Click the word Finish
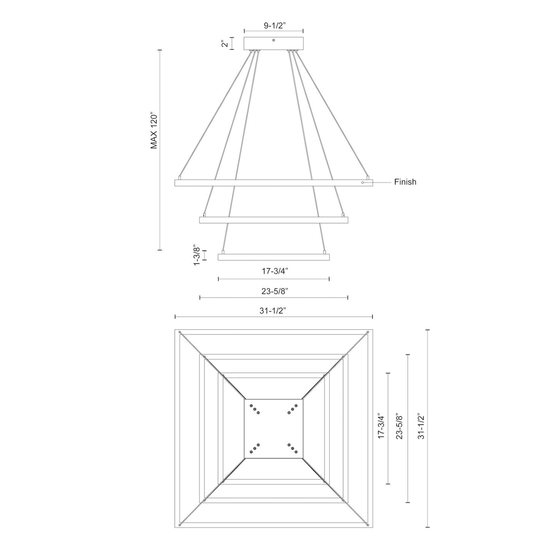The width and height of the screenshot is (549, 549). point(405,182)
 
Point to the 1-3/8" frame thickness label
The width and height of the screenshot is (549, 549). point(196,255)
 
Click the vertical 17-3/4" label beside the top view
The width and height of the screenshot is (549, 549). point(381,426)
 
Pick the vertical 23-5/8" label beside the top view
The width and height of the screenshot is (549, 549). point(399,426)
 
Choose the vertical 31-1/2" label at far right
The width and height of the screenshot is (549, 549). point(421,426)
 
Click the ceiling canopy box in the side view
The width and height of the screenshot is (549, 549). point(274,43)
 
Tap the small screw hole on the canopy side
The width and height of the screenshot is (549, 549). point(274,40)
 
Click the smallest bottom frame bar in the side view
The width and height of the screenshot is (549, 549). point(274,257)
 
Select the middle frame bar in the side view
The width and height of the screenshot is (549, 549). point(274,220)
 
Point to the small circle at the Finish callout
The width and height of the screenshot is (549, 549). point(362,183)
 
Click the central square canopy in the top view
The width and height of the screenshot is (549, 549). point(274,429)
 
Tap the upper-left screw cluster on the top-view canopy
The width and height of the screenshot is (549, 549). point(255,409)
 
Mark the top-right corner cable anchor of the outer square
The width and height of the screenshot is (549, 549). point(368,333)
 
